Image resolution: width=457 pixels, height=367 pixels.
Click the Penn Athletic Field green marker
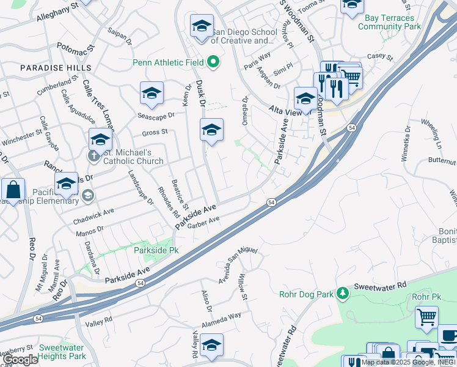click(213, 62)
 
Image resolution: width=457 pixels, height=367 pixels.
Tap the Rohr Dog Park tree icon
click(343, 294)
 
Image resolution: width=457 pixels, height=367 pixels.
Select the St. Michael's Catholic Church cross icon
click(93, 156)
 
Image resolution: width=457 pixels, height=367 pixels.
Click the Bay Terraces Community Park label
click(390, 23)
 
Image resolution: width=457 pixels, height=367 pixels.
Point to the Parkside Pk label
click(156, 251)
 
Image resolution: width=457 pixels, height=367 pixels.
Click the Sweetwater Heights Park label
click(62, 352)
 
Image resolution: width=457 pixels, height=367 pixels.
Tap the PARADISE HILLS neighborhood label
click(56, 68)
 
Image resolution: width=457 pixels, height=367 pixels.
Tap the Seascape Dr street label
click(156, 114)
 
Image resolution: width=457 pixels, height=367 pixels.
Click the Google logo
click(20, 360)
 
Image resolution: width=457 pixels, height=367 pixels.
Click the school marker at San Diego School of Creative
click(202, 27)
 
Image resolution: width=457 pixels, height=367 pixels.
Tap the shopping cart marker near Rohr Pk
click(426, 317)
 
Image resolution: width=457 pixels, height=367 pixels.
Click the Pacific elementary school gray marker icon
click(87, 196)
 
